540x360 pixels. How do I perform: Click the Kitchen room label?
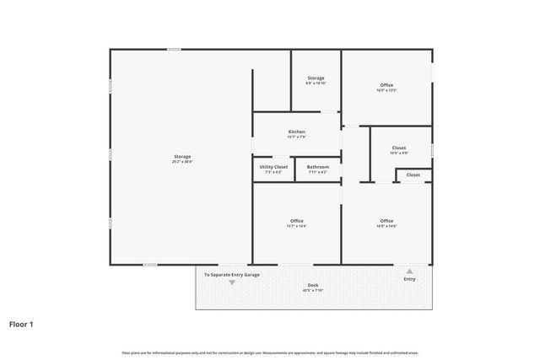pyautogui.click(x=296, y=132)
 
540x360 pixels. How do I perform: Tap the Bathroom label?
pyautogui.click(x=317, y=167)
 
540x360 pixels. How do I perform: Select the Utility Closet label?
pyautogui.click(x=273, y=167)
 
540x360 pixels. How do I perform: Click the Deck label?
pyautogui.click(x=313, y=285)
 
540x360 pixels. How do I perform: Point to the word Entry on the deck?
pyautogui.click(x=409, y=279)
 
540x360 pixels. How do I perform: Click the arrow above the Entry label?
pyautogui.click(x=409, y=271)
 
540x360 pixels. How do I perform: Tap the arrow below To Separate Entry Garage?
pyautogui.click(x=232, y=282)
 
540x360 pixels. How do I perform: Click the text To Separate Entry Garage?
pyautogui.click(x=232, y=275)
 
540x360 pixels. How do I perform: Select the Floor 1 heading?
pyautogui.click(x=21, y=323)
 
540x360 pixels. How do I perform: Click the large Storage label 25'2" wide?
pyautogui.click(x=182, y=156)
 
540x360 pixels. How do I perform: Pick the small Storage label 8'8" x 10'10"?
pyautogui.click(x=316, y=78)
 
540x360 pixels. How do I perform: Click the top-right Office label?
pyautogui.click(x=386, y=84)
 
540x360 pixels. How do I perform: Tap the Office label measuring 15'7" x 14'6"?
pyautogui.click(x=296, y=221)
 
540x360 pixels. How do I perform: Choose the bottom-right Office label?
pyautogui.click(x=386, y=221)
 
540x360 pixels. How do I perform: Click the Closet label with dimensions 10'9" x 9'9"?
pyautogui.click(x=399, y=148)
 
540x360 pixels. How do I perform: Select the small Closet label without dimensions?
pyautogui.click(x=413, y=175)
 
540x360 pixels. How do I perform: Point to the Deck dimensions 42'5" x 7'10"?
pyautogui.click(x=313, y=291)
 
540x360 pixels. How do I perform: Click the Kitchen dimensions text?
pyautogui.click(x=296, y=137)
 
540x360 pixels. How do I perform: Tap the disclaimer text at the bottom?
pyautogui.click(x=270, y=352)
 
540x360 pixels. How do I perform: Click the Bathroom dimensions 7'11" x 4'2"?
pyautogui.click(x=317, y=172)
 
